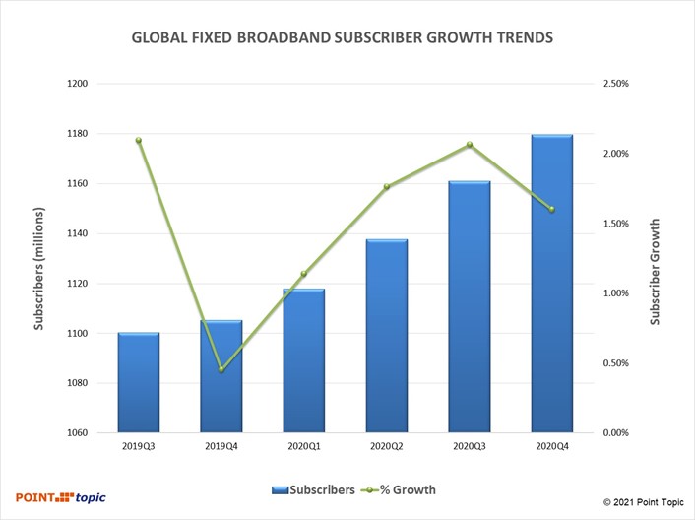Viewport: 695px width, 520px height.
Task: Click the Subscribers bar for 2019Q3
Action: (x=139, y=383)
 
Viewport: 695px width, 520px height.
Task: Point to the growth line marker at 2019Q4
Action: (x=221, y=370)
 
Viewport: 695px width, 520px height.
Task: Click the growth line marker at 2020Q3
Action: (x=469, y=145)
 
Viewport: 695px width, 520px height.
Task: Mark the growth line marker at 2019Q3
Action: (x=139, y=140)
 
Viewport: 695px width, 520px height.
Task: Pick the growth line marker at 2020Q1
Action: (x=304, y=274)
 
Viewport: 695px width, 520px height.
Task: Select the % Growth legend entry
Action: (x=401, y=489)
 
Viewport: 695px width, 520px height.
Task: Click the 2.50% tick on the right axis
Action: (x=614, y=84)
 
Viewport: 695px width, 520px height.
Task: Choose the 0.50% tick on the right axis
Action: (x=614, y=363)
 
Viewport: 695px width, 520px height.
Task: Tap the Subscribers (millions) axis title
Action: (x=39, y=268)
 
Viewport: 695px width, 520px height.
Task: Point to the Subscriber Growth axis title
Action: (x=655, y=272)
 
